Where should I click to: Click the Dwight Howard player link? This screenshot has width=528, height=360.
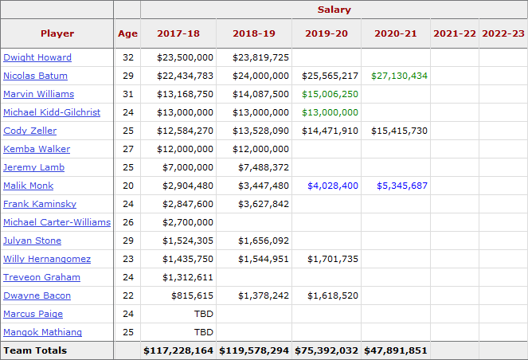pyautogui.click(x=37, y=57)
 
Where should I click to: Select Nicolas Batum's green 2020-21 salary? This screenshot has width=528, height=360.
pyautogui.click(x=399, y=76)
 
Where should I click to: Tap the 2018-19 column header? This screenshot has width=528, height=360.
pyautogui.click(x=254, y=33)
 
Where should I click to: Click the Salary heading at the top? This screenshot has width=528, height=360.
pyautogui.click(x=334, y=10)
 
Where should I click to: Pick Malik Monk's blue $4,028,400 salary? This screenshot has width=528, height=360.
pyautogui.click(x=333, y=186)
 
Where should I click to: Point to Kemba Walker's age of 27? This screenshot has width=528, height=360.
pyautogui.click(x=128, y=149)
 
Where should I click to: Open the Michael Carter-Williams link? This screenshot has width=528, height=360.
pyautogui.click(x=57, y=222)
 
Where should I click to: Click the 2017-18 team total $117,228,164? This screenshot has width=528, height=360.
pyautogui.click(x=178, y=350)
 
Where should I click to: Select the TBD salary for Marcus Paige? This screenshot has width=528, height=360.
pyautogui.click(x=203, y=314)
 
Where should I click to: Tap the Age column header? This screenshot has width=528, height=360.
pyautogui.click(x=127, y=33)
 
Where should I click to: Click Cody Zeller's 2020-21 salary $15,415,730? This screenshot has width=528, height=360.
pyautogui.click(x=399, y=131)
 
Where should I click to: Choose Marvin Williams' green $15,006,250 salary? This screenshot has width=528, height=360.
pyautogui.click(x=330, y=94)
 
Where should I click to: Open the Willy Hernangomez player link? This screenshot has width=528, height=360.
pyautogui.click(x=47, y=259)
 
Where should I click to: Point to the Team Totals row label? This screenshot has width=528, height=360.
pyautogui.click(x=35, y=350)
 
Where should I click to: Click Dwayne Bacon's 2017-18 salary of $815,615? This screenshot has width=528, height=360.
pyautogui.click(x=192, y=295)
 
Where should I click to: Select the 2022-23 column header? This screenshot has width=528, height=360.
pyautogui.click(x=503, y=33)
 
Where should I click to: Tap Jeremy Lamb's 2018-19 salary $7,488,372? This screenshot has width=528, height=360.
pyautogui.click(x=264, y=167)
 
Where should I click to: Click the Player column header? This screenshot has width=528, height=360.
pyautogui.click(x=57, y=33)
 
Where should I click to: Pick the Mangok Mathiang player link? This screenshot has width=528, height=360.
pyautogui.click(x=43, y=332)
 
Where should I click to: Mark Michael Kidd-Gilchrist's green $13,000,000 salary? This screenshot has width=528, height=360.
pyautogui.click(x=330, y=112)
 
